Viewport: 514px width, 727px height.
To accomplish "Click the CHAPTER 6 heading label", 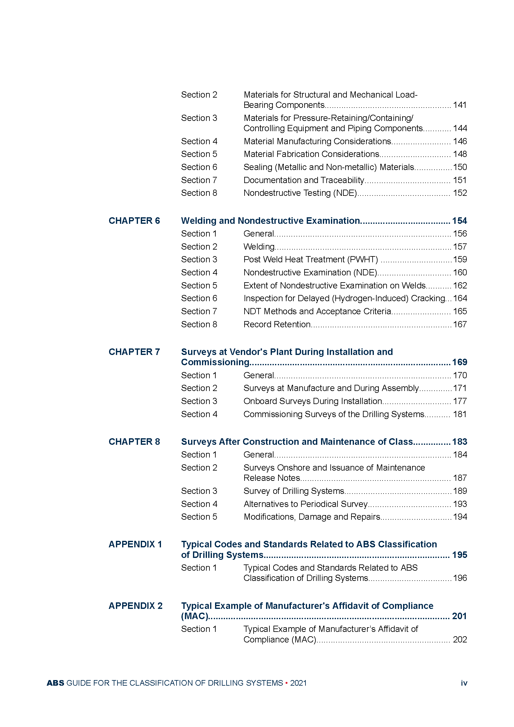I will [134, 221].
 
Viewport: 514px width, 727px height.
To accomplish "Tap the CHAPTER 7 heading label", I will [134, 352].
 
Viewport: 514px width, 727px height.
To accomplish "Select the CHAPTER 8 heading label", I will [134, 442].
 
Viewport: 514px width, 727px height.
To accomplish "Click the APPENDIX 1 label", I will [135, 544].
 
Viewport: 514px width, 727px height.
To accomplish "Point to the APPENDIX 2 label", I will [135, 606].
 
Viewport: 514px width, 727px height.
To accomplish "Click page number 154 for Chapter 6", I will [460, 221].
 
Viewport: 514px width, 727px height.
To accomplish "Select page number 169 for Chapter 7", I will [460, 362].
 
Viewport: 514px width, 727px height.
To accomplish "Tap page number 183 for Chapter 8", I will [460, 442].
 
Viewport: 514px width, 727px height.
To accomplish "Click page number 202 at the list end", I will [460, 640].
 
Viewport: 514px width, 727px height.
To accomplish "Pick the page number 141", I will [460, 105].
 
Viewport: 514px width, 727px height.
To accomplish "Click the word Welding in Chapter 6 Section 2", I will [259, 247].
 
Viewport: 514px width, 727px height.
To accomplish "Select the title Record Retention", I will [277, 324].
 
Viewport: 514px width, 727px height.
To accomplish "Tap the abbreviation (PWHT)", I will [363, 260].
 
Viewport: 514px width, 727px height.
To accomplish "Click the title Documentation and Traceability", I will [304, 180].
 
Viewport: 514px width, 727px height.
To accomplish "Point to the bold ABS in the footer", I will [55, 683].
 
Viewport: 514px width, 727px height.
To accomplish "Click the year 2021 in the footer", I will [298, 683].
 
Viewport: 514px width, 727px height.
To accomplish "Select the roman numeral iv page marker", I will [464, 683].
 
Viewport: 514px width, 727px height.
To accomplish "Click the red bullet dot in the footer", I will [287, 683].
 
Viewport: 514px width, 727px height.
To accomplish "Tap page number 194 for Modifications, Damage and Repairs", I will [460, 517].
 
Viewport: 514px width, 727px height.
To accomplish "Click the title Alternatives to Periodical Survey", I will [305, 504].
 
